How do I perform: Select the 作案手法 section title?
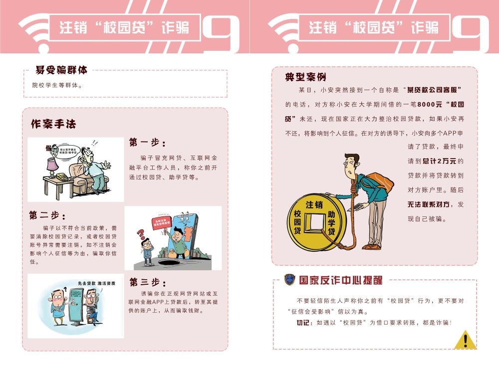tap(53, 124)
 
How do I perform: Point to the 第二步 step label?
tap(47, 215)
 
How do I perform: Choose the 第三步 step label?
tap(148, 282)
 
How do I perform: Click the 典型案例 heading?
tap(305, 77)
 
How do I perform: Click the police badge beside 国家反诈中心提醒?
tap(289, 280)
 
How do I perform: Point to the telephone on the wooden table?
tap(64, 177)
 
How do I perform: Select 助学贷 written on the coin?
tap(331, 222)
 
